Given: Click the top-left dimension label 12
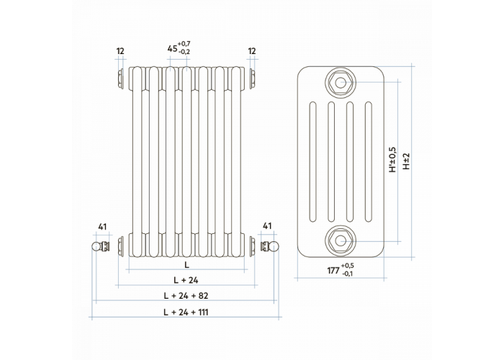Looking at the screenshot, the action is (120, 51).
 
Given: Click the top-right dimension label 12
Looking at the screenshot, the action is (252, 51).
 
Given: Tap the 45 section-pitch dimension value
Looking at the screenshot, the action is (172, 48).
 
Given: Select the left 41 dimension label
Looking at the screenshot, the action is (102, 227).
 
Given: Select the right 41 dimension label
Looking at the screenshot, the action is (267, 226).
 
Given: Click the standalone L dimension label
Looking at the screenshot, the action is (186, 265).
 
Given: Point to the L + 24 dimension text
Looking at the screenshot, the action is (186, 280).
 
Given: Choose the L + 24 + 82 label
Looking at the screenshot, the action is (186, 296).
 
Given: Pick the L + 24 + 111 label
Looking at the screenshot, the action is (186, 312).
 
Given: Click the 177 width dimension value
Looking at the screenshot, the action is (333, 271).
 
